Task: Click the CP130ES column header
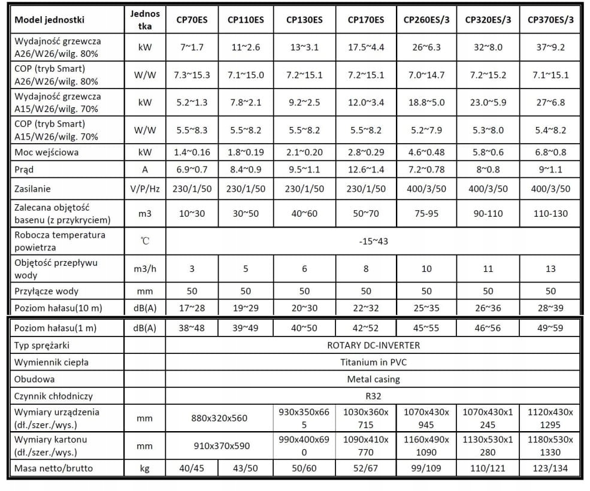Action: [304, 20]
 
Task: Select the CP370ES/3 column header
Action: [550, 20]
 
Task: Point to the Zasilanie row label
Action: [34, 189]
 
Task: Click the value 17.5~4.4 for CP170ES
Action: [365, 47]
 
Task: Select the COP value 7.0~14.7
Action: [426, 75]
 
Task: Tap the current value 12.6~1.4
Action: [365, 169]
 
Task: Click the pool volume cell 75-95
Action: [426, 214]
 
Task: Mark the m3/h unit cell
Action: [144, 269]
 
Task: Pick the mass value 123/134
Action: [550, 468]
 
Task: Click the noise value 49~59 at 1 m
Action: [550, 328]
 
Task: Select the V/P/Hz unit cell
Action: [144, 189]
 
